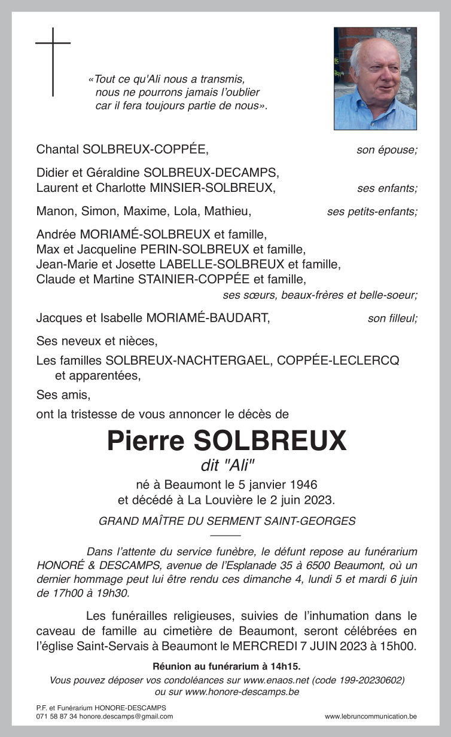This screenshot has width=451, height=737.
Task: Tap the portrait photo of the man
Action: [x=375, y=78]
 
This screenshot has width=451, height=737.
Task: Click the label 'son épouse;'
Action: [x=386, y=150]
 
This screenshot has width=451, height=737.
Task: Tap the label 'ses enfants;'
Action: [x=387, y=189]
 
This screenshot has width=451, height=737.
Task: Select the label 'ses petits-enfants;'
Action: [x=372, y=212]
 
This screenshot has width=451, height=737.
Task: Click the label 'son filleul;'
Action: [x=392, y=319]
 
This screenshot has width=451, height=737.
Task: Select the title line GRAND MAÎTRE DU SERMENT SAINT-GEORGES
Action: [x=227, y=521]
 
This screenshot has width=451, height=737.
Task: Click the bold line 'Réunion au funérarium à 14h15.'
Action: [x=226, y=666]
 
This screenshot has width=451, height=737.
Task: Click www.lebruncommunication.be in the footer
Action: [x=371, y=716]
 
